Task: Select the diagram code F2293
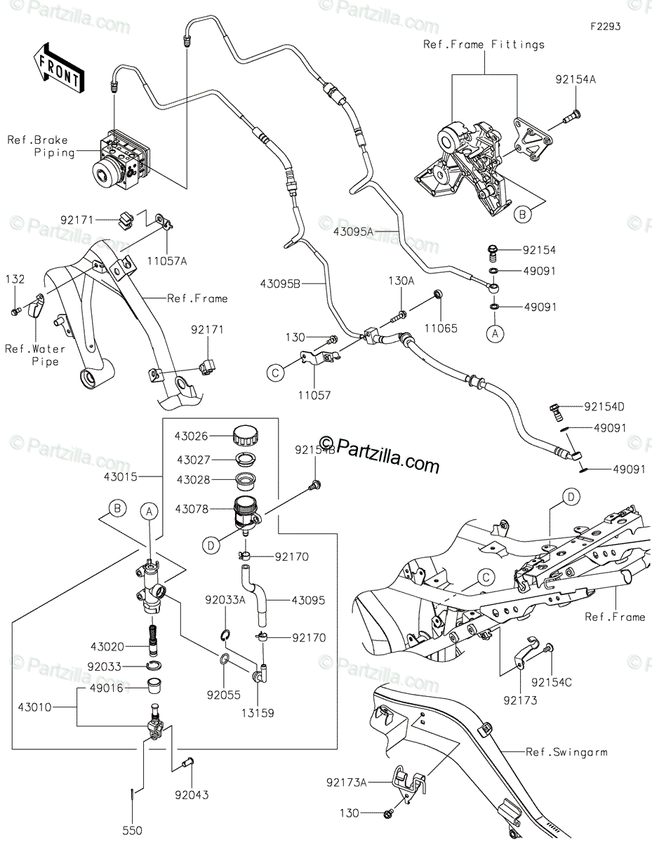606,27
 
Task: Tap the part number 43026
191,436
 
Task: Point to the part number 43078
192,509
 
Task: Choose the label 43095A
353,232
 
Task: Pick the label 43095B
281,284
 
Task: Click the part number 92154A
576,79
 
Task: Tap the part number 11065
441,328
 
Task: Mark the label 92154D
604,407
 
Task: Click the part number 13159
258,713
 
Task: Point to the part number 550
133,831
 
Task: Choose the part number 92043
192,795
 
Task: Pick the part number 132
15,279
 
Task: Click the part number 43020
107,647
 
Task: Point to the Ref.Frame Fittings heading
484,45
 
